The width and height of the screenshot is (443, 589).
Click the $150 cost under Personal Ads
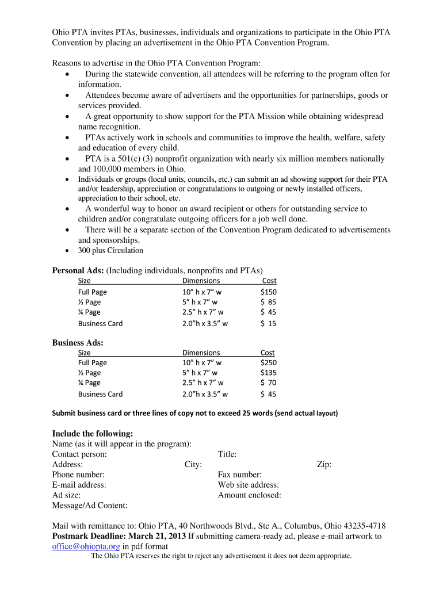click(x=268, y=292)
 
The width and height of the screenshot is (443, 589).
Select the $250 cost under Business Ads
click(x=268, y=362)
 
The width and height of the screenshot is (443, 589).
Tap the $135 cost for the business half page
click(x=268, y=373)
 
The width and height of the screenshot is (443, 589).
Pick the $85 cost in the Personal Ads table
click(x=268, y=302)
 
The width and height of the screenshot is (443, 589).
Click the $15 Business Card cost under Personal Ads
click(x=268, y=323)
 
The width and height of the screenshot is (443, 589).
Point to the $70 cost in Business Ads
click(x=268, y=383)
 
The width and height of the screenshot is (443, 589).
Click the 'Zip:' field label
click(x=324, y=464)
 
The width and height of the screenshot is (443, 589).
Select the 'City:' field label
click(x=193, y=464)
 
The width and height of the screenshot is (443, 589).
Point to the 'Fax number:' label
click(x=239, y=475)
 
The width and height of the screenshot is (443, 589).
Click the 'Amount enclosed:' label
click(x=249, y=495)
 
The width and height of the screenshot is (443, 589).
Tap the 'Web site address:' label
click(x=248, y=485)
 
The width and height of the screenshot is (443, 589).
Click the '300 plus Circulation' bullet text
click(x=110, y=251)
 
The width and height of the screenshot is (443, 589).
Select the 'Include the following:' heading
click(x=93, y=433)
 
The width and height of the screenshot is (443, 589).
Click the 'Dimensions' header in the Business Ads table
click(x=201, y=353)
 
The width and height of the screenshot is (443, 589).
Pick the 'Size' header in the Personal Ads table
click(x=85, y=281)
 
